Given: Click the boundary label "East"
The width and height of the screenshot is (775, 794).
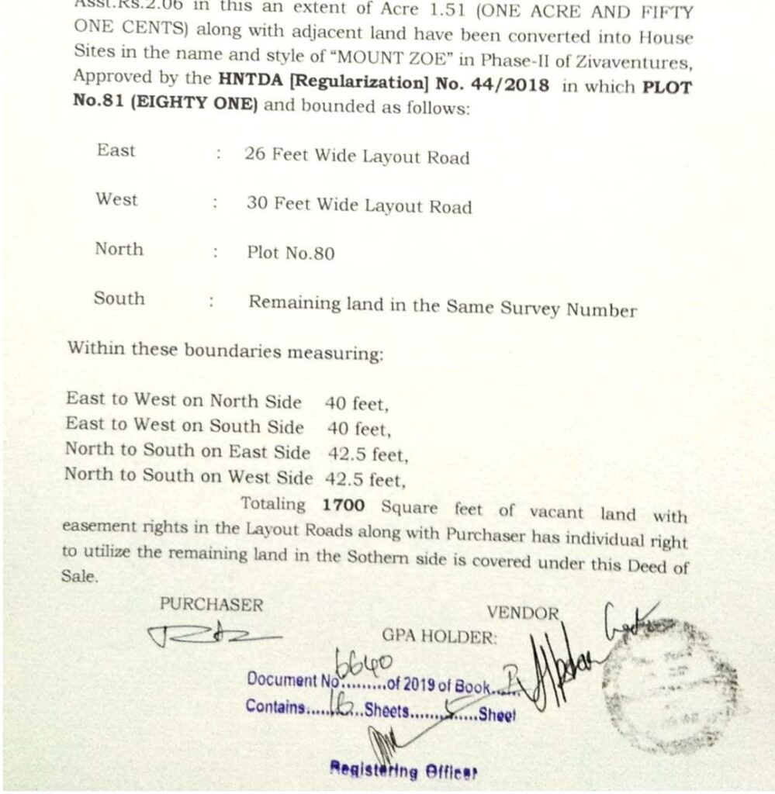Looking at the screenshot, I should click(116, 150).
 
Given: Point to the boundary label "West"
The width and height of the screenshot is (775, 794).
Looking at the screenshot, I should click(116, 200).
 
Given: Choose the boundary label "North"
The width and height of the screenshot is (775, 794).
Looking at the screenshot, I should click(119, 249).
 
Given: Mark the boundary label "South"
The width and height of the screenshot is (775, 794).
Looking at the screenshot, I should click(119, 299).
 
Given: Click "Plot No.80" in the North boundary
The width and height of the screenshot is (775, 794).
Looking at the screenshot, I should click(290, 253).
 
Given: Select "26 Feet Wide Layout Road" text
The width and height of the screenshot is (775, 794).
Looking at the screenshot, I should click(356, 157).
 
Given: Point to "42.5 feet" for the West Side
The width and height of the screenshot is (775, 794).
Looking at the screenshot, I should click(365, 479).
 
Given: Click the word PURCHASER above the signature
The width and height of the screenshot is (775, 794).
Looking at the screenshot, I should click(211, 605).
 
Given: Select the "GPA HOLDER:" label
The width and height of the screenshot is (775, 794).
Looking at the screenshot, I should click(438, 637).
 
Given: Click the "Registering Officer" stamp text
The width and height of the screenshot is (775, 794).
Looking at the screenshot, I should click(403, 771).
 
